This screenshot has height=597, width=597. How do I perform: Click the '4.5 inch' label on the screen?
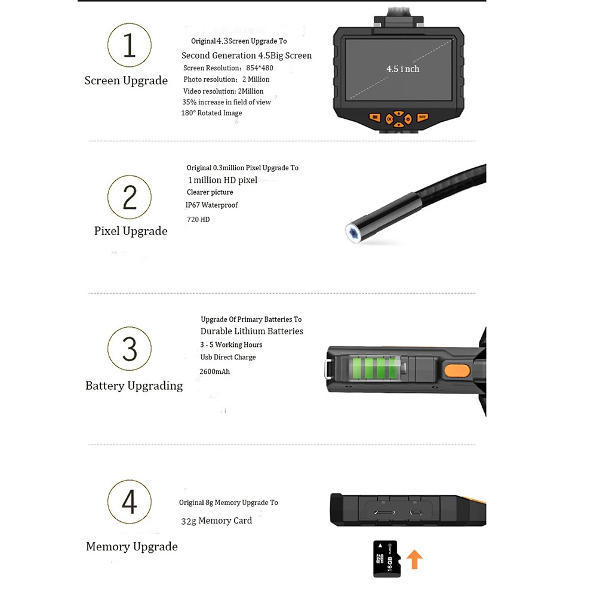tap(403, 69)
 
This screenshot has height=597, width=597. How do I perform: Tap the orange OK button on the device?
tap(389, 119)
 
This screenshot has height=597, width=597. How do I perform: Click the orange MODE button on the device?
tap(422, 117)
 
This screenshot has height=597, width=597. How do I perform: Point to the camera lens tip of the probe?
tap(353, 232)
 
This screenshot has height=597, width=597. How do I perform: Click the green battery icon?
tap(377, 368)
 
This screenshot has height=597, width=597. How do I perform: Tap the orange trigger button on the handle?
tap(457, 371)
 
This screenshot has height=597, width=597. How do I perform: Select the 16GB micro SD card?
tap(387, 559)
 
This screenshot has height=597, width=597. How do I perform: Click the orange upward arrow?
tap(414, 559)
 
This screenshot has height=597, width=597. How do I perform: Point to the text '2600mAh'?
tap(215, 371)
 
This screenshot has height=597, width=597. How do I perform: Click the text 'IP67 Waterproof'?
tap(212, 205)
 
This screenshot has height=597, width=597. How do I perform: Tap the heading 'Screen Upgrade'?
tap(126, 81)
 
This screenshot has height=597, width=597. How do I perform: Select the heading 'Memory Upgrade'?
tap(132, 547)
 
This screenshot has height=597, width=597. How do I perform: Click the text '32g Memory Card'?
tap(216, 521)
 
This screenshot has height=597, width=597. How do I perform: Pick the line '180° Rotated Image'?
tap(212, 113)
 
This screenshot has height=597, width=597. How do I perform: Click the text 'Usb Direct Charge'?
tap(228, 357)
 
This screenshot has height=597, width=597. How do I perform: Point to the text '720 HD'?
tap(198, 220)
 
